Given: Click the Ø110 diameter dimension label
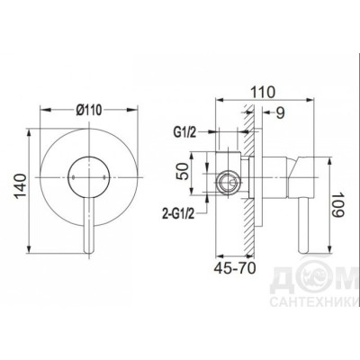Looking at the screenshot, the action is coord(89,110).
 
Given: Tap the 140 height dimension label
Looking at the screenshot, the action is coord(21,186).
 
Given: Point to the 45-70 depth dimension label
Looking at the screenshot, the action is coord(235,268).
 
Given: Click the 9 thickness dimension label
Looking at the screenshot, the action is coord(280,113).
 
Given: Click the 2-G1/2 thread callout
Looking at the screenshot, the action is coord(178,214).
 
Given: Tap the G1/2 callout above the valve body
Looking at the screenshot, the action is coord(184,132).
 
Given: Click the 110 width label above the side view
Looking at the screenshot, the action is coord(262,92).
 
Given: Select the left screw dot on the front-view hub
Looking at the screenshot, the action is coord(74,177).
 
